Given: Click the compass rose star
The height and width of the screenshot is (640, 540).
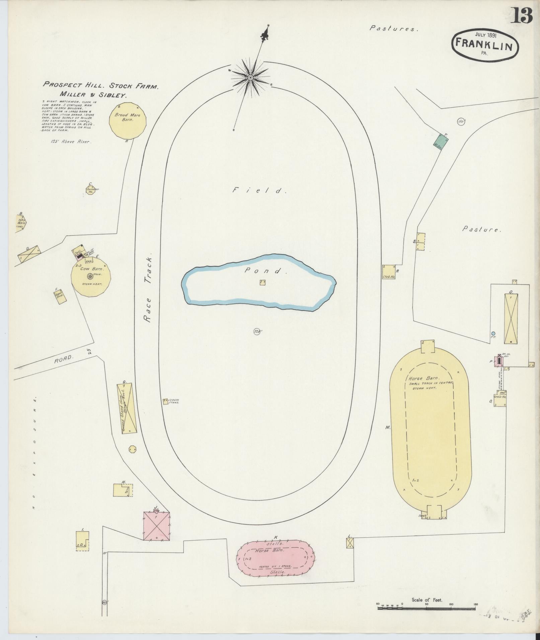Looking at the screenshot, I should (250, 78).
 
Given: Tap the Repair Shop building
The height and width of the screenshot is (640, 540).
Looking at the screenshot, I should (60, 296).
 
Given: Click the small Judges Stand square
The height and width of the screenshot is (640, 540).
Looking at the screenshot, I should (165, 401).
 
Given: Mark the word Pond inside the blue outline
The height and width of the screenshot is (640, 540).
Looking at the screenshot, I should (266, 271).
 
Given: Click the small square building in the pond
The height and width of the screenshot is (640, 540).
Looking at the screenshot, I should (262, 282).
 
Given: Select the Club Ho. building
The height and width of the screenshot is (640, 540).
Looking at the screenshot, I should (388, 272).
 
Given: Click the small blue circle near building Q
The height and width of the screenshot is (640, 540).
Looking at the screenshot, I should (493, 333).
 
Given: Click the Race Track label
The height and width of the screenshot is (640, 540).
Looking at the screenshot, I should (148, 289).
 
